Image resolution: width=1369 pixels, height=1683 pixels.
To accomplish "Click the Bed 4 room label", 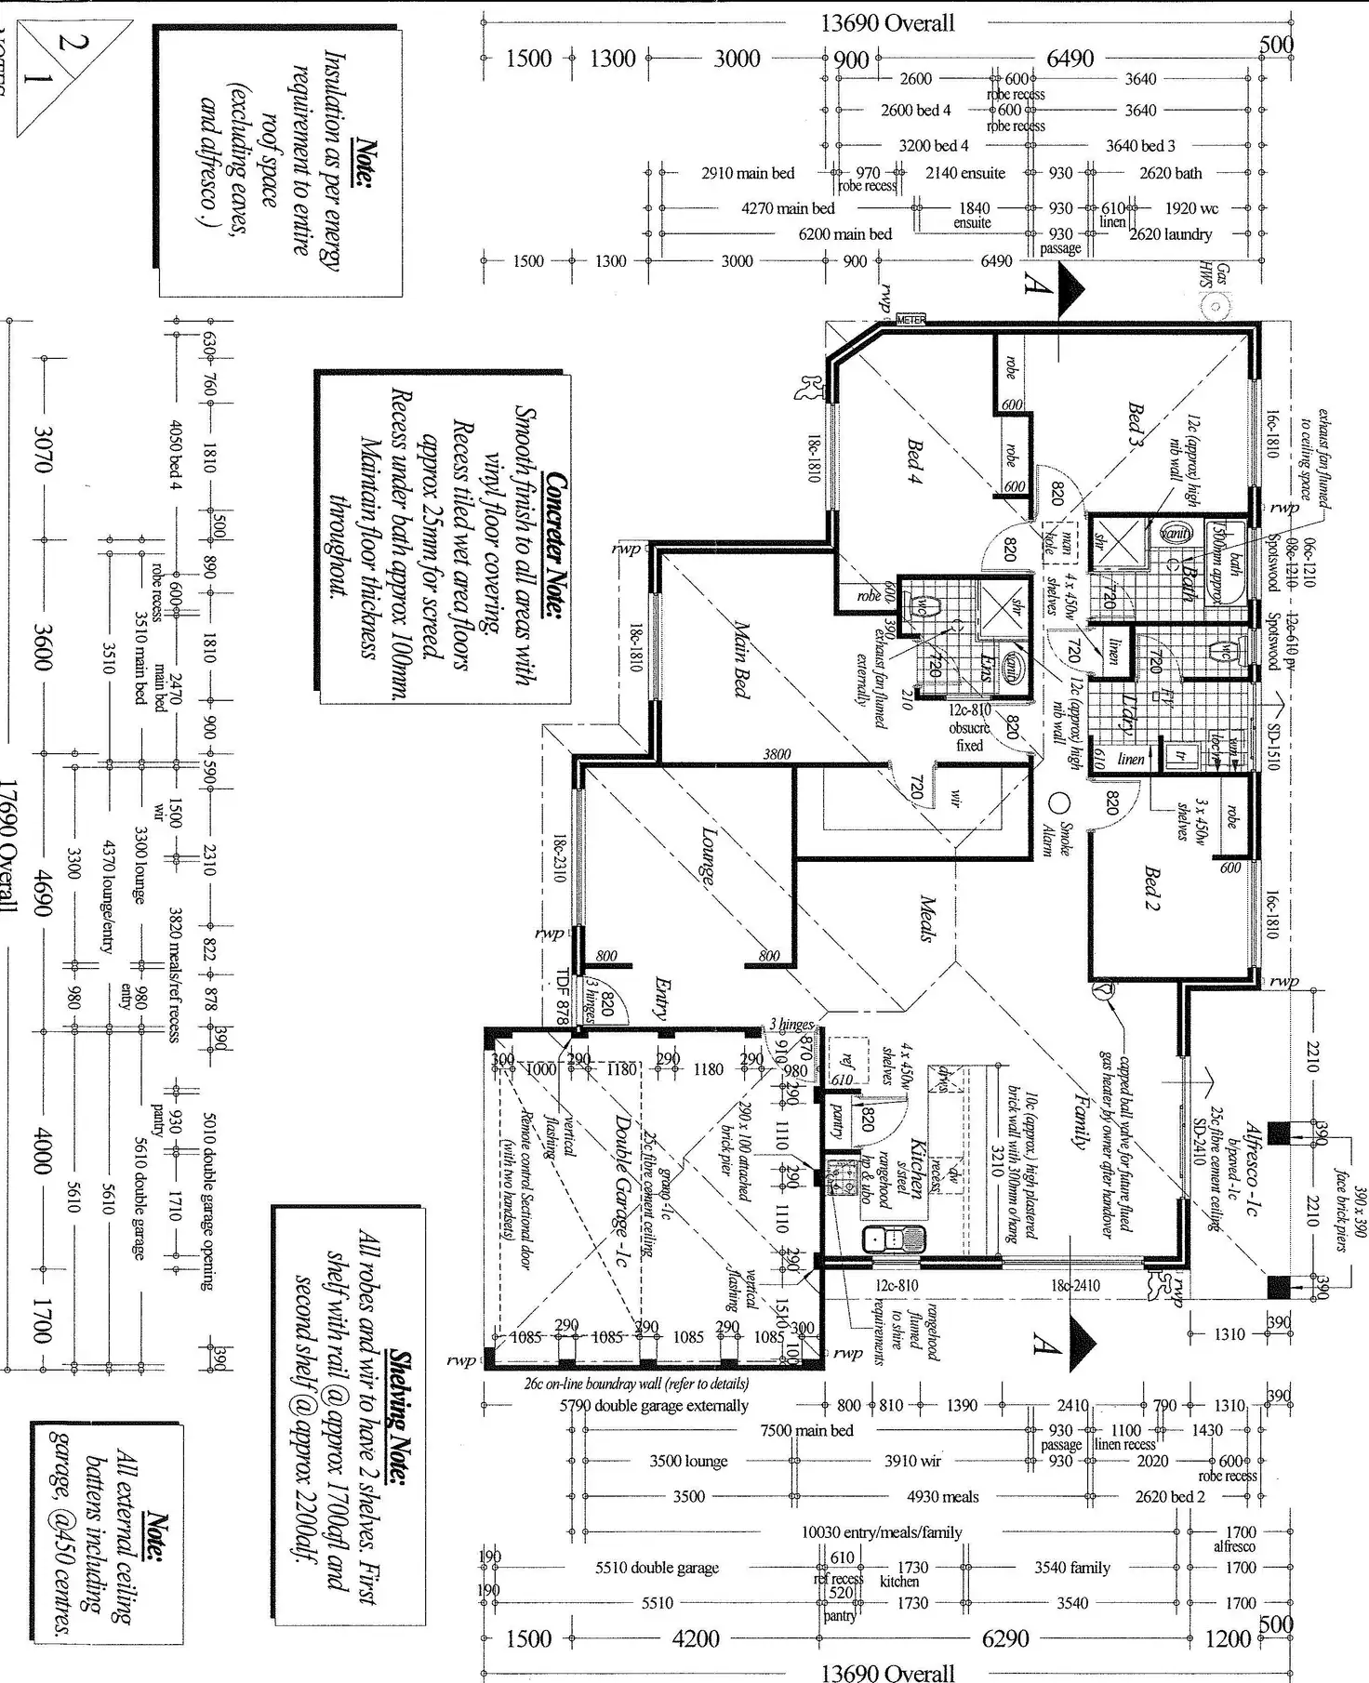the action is tap(915, 461).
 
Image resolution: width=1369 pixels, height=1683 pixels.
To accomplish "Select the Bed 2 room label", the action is tap(1151, 889).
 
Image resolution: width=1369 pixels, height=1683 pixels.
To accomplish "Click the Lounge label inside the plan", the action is tap(708, 855).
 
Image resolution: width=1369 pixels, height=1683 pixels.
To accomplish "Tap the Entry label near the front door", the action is tap(661, 999).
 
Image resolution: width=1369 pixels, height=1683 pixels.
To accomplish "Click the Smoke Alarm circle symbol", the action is tap(1059, 802).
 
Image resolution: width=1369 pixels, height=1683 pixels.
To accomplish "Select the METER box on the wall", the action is tap(910, 320).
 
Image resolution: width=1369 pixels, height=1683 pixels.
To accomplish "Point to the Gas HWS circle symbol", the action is tap(1215, 305).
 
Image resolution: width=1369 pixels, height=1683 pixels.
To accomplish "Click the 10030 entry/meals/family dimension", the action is tap(881, 1531).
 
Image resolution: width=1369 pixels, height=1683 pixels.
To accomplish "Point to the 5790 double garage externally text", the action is tap(653, 1405).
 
